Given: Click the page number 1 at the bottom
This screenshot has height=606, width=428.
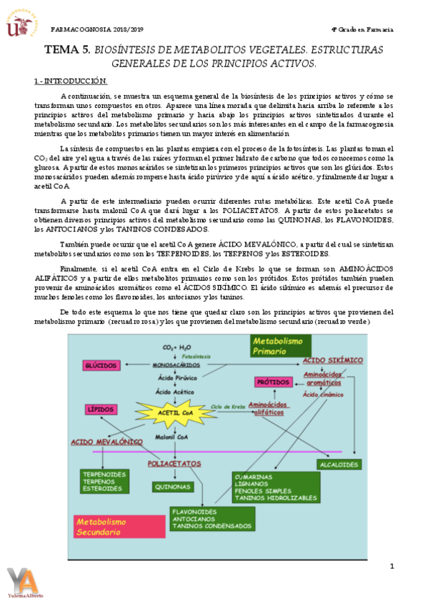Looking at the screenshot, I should pos(392,567).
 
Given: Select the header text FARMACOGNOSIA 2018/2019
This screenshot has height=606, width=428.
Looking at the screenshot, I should pos(98,30).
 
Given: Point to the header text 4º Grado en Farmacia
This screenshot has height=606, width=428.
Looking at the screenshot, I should pos(363,30).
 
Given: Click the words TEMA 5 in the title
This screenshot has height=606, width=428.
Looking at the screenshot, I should pos(67,50).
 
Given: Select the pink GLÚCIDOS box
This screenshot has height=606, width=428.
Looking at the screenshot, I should pos(101,365).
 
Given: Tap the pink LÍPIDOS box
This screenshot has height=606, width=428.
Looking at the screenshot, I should pos(101,409).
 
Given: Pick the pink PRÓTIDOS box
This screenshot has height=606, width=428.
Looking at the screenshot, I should pos(272,382).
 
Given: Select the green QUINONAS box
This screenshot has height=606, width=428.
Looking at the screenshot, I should pos(172,487).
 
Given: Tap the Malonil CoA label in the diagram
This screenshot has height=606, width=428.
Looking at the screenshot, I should pos(170,435).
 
